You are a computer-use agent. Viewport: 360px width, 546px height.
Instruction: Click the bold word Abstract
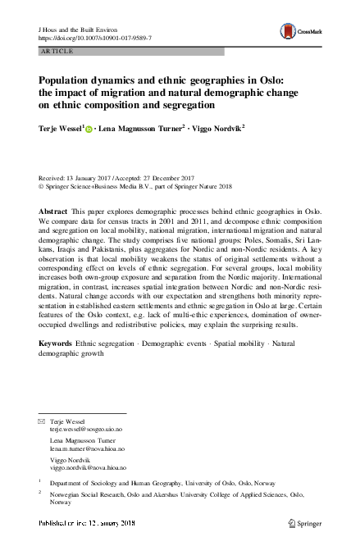click(52, 212)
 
